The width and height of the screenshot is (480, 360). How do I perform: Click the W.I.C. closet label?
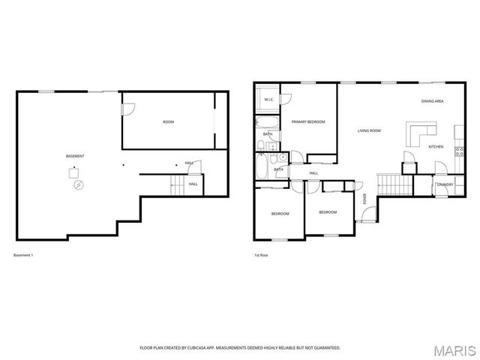[268, 99]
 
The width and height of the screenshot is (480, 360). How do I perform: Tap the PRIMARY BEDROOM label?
[307, 121]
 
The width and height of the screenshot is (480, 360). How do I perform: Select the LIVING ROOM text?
[369, 130]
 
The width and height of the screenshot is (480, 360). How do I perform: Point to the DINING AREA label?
[432, 101]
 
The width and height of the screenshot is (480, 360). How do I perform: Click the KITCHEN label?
[436, 146]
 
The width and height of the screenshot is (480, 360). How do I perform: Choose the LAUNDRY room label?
[445, 184]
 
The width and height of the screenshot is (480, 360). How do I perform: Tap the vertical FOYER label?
[365, 199]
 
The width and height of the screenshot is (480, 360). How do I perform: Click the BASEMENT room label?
[75, 155]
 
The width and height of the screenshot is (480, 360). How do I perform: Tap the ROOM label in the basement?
[168, 121]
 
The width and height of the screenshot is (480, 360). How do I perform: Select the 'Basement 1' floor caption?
[24, 256]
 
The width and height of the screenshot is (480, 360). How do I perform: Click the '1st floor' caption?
[261, 256]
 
